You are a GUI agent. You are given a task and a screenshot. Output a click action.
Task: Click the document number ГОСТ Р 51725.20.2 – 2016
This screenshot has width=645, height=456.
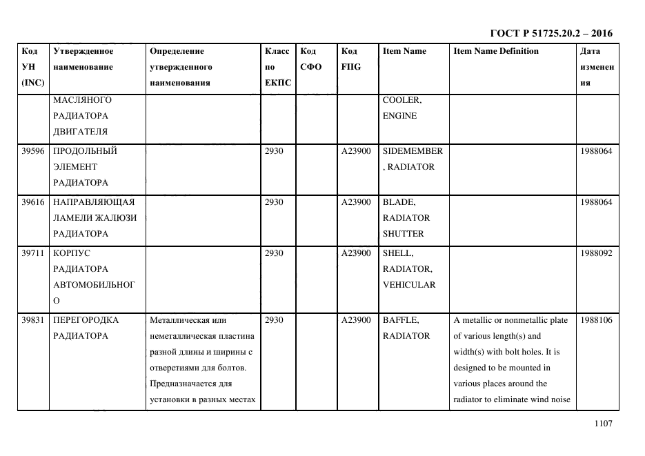(x=550, y=33)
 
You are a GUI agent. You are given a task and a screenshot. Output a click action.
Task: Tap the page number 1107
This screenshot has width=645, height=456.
(x=603, y=424)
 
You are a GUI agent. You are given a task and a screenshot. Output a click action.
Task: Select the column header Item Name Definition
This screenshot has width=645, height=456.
(x=496, y=51)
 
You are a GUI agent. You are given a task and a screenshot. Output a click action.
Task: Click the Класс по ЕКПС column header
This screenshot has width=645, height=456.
(x=278, y=67)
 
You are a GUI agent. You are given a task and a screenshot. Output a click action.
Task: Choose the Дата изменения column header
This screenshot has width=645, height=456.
(x=597, y=67)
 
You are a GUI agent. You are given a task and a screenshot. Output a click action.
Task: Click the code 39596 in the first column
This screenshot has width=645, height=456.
(x=33, y=151)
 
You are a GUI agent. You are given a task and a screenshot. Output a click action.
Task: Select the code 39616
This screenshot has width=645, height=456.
(x=33, y=202)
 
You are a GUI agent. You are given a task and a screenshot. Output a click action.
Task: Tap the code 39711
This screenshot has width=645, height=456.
(x=33, y=253)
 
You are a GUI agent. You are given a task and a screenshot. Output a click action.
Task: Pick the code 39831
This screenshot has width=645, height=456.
(x=33, y=320)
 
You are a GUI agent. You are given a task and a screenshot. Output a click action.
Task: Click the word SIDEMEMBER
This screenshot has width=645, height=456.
(x=413, y=151)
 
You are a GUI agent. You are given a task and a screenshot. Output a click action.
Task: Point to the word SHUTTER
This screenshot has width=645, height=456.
(x=403, y=234)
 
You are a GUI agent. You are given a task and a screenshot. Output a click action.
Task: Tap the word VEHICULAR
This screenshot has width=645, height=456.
(x=409, y=285)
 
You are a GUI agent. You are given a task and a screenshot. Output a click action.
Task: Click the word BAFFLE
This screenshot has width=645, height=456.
(x=400, y=320)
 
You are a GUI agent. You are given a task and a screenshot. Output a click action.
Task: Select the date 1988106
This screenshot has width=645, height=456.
(x=596, y=320)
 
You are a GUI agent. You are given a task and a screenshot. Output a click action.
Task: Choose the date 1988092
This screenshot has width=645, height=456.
(x=596, y=253)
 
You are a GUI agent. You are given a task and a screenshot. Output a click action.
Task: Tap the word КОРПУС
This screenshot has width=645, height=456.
(x=72, y=253)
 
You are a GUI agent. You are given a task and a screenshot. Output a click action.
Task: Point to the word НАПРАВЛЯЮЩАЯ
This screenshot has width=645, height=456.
(x=94, y=202)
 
